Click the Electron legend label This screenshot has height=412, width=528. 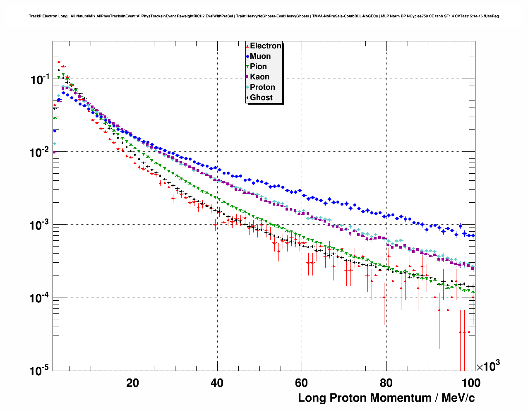pos(266,46)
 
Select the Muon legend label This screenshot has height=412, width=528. pos(260,56)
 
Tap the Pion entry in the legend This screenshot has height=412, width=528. pos(258,67)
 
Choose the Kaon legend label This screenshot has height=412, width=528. pos(259,77)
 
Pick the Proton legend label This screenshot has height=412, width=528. pos(262,87)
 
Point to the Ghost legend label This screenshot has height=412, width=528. pos(261,98)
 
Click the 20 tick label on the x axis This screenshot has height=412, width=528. pos(133,383)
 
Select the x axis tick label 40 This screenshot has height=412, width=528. pos(217,383)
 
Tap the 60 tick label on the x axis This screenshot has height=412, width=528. pos(302,383)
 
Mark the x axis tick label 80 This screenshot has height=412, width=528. pos(386,383)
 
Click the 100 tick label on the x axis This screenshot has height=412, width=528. pos(471,383)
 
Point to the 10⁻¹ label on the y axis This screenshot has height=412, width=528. pos(40,79)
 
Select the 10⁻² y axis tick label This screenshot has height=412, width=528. pos(40,152)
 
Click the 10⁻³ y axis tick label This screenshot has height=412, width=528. pos(40,225)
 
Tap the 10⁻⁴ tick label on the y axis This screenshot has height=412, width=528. pos(40,298)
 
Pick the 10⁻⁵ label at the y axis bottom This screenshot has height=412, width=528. pos(40,371)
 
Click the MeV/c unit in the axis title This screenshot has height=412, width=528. pos(458,398)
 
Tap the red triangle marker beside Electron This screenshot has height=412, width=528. pos(247,46)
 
